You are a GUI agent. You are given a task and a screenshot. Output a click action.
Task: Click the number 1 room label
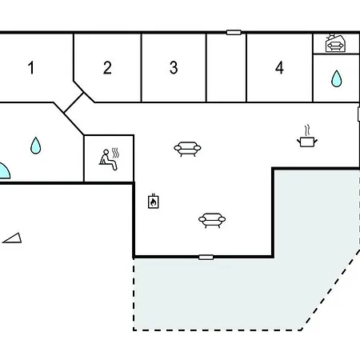(x=31, y=68)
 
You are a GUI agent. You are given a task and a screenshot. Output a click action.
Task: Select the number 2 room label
(x=107, y=68)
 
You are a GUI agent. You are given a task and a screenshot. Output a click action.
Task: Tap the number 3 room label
(x=174, y=68)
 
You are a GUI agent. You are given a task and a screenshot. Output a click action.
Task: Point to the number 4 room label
(x=279, y=68)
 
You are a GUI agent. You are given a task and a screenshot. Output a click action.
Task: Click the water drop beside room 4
(x=336, y=79)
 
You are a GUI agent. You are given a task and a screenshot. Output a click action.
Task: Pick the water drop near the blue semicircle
(x=35, y=146)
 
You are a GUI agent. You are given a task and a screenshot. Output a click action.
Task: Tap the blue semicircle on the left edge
(x=5, y=172)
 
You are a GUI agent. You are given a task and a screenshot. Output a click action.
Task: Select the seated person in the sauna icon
(x=108, y=160)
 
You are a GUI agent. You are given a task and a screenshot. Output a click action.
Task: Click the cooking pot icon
(x=307, y=142)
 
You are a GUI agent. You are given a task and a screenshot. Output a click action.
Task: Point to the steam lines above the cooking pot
(x=307, y=130)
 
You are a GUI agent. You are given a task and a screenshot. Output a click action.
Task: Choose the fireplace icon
(x=154, y=202)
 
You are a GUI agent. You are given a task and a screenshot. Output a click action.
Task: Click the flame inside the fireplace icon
(x=153, y=202)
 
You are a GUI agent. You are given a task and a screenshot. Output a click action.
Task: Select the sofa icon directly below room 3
(x=187, y=149)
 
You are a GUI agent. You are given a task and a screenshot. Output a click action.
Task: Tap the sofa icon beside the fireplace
(x=212, y=220)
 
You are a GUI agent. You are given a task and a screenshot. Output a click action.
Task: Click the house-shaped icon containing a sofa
(x=336, y=44)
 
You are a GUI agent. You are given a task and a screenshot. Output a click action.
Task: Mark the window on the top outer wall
(x=234, y=33)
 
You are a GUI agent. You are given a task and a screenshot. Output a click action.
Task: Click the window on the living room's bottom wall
(x=206, y=258)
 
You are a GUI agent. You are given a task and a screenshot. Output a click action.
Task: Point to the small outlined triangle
(x=14, y=238)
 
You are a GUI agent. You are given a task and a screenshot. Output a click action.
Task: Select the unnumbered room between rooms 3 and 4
(x=226, y=68)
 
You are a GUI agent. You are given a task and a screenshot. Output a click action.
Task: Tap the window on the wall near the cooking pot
(x=358, y=114)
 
